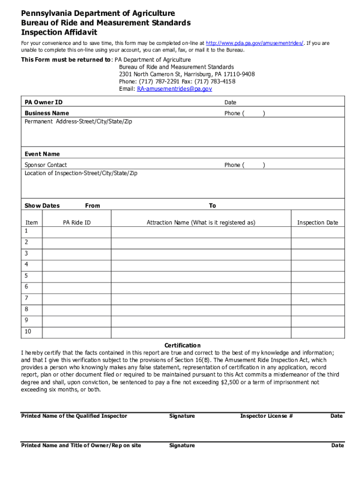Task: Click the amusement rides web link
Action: [255, 43]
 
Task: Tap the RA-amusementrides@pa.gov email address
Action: [174, 88]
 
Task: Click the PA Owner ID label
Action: [43, 102]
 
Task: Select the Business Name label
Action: [47, 113]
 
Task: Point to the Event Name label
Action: [42, 154]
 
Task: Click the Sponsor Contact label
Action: [45, 165]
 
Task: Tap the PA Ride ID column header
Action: [77, 223]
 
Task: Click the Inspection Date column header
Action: [317, 223]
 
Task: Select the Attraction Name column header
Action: [201, 223]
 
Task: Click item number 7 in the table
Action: [27, 298]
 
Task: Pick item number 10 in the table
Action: [28, 332]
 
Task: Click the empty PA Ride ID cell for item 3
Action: [77, 253]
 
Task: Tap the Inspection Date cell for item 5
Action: [317, 276]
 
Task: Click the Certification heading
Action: [182, 345]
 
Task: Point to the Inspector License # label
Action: [266, 416]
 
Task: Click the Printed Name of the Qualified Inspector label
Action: [74, 416]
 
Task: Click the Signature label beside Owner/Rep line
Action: [182, 445]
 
